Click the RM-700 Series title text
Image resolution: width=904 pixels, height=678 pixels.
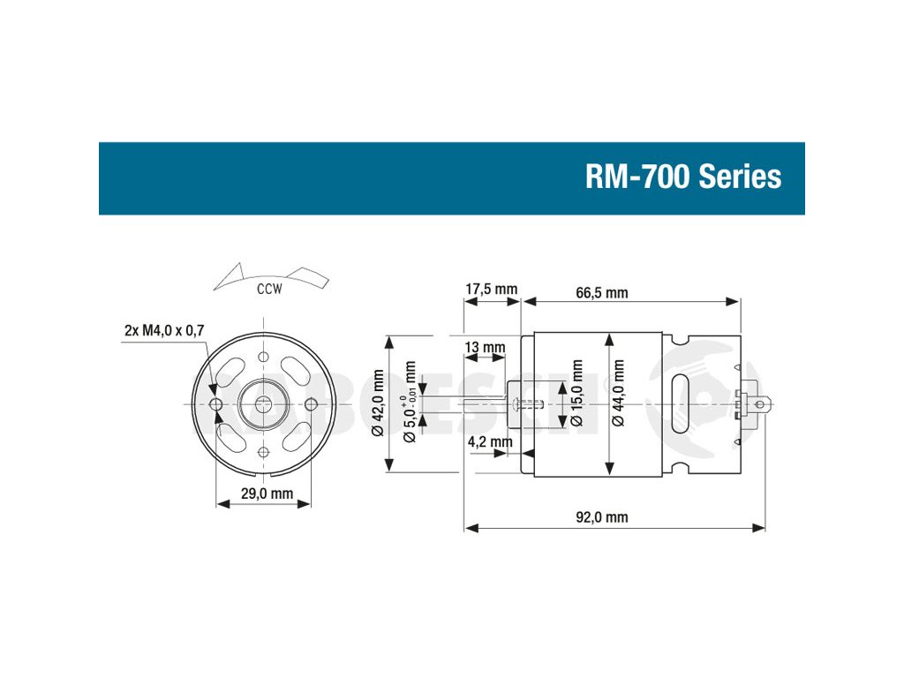coord(683,177)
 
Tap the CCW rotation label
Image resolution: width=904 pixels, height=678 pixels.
coord(269,290)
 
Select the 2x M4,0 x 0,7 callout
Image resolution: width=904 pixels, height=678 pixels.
coord(163,331)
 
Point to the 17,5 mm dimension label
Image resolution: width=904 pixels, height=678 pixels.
coord(491,290)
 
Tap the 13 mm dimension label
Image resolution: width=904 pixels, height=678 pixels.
coord(485,347)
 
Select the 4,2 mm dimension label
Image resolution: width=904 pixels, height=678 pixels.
coord(489,441)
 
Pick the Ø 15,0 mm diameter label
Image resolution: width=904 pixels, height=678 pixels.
coord(577,394)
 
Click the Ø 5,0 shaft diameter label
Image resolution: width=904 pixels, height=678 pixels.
coord(411,403)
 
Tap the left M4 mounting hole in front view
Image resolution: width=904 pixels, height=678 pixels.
coord(217,403)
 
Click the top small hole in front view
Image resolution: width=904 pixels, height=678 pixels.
coord(264,356)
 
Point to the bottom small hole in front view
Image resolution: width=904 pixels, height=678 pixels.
coord(264,451)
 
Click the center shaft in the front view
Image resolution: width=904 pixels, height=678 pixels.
coord(264,403)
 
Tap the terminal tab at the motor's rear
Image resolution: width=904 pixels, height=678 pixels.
coord(762,405)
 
